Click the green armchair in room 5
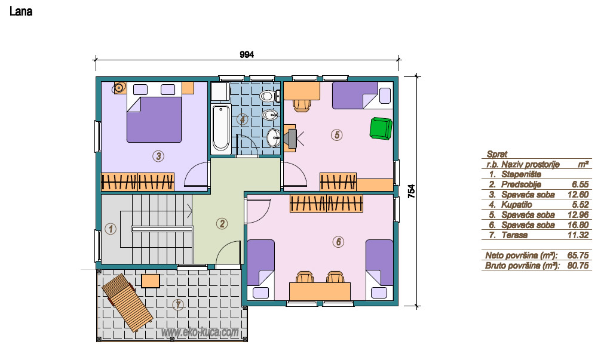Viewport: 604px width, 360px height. point(381,128)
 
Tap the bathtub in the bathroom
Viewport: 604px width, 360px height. point(221,128)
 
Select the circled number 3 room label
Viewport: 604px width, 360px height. point(158,156)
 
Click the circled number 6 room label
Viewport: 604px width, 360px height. point(338,242)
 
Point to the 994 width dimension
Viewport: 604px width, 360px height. point(247,55)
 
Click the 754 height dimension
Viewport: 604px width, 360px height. point(412,192)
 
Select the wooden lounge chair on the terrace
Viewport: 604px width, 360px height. point(127,302)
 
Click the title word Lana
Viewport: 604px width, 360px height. point(21,11)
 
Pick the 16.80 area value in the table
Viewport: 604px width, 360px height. point(578,225)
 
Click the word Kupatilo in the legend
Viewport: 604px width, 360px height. point(517,205)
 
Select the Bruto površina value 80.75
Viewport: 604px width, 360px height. point(578,265)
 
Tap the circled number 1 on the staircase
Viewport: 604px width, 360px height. point(111,229)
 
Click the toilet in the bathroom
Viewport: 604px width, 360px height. point(268,96)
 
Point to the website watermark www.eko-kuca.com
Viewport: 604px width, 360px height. point(200,332)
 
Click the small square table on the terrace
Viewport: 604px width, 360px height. point(150,281)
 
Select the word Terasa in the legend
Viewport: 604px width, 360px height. point(514,235)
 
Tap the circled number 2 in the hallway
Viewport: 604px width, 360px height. point(222,223)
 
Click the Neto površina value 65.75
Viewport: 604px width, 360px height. point(578,256)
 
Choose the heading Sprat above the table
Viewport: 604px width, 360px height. point(497,155)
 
